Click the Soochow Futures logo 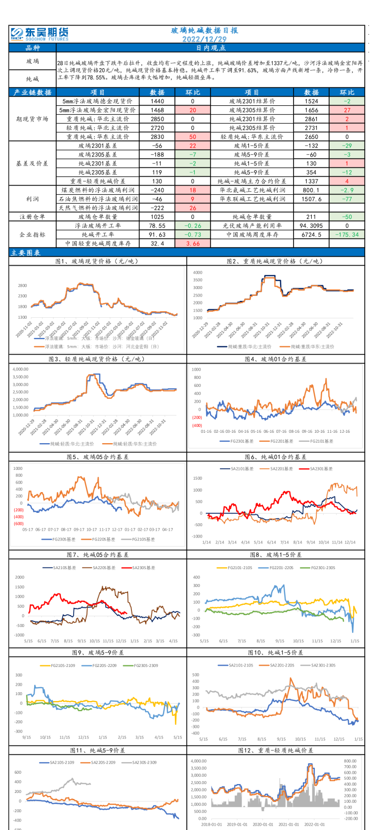point(40,34)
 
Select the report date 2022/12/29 point(204,39)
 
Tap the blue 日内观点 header point(210,48)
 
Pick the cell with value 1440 point(157,101)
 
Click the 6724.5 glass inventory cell point(311,235)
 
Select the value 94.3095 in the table point(311,226)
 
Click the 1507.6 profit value point(311,199)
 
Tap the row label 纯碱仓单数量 point(252,217)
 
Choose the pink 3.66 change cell point(193,244)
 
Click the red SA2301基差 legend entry point(316,468)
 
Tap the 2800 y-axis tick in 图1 point(22,286)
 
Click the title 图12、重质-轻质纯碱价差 point(275,750)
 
